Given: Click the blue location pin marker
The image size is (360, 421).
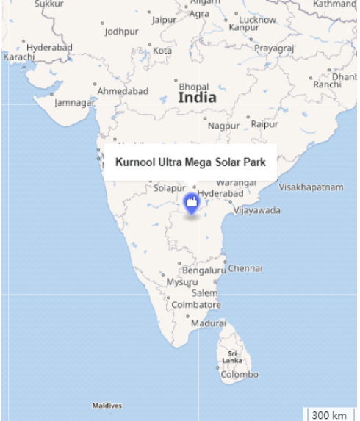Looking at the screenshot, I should pos(191,202).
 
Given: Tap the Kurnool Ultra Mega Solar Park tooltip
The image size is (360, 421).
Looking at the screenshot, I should pos(190,162).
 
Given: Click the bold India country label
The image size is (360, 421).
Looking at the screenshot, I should pos(197,97).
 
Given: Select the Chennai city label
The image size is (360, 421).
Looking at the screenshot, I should pos(245,268).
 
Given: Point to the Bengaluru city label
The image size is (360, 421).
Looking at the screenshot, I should pos(204,270).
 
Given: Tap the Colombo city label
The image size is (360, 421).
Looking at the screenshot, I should pos(240,374).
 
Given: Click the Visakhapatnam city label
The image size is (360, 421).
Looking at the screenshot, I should pos(311,187).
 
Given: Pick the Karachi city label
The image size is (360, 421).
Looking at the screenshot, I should pos(18,57).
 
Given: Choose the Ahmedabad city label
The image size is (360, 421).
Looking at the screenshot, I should pos(123,90).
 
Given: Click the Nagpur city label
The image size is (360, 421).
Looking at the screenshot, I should pos(223,126).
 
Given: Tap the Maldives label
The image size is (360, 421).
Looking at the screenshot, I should pos(107,406).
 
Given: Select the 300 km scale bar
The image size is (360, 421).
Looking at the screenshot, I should pos(329,415).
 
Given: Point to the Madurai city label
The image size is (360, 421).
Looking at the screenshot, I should pos(209,323).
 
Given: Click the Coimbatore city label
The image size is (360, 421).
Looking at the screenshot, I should pos(196,304).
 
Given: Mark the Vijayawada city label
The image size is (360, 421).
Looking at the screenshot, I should pos(257,210).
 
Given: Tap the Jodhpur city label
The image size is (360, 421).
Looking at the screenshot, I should pos(121,32).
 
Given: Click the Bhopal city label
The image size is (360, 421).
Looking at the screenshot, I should pos(194,87).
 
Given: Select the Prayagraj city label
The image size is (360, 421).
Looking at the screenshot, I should pos(274,48).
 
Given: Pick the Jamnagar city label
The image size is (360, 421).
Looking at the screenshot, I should pos(75,102).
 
